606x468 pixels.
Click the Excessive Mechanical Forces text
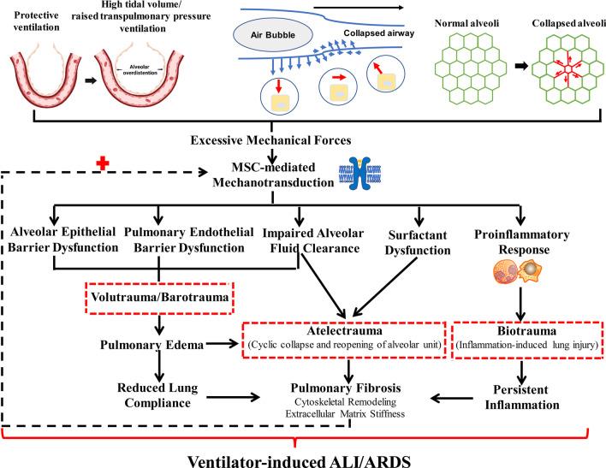(272, 139)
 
